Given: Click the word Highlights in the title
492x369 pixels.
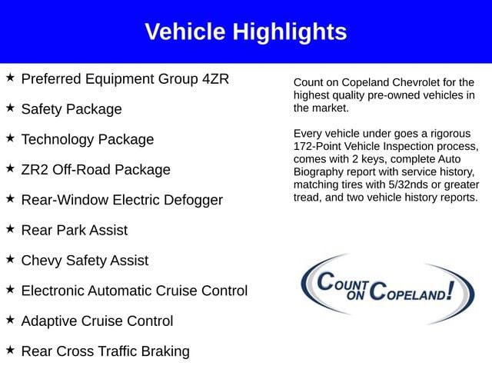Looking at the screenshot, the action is pyautogui.click(x=290, y=32).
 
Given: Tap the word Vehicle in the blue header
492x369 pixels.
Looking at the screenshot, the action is pyautogui.click(x=185, y=32).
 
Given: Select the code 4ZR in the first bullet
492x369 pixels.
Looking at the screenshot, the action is pyautogui.click(x=215, y=78).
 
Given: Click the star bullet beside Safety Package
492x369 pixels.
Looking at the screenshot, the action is pyautogui.click(x=10, y=108).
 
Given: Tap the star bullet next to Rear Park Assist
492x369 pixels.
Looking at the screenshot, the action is pyautogui.click(x=10, y=229).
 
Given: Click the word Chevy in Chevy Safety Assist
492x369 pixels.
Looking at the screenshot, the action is pyautogui.click(x=42, y=261).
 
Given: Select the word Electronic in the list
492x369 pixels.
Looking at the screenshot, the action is pyautogui.click(x=53, y=291).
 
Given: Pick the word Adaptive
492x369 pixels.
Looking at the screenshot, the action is pyautogui.click(x=49, y=321).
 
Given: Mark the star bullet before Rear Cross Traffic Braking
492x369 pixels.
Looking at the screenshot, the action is pyautogui.click(x=10, y=350).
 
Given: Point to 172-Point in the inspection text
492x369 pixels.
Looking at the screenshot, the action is pyautogui.click(x=317, y=146).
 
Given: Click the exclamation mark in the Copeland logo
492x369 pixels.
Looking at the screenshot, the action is pyautogui.click(x=450, y=291).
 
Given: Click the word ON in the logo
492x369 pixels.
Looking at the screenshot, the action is pyautogui.click(x=355, y=295).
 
